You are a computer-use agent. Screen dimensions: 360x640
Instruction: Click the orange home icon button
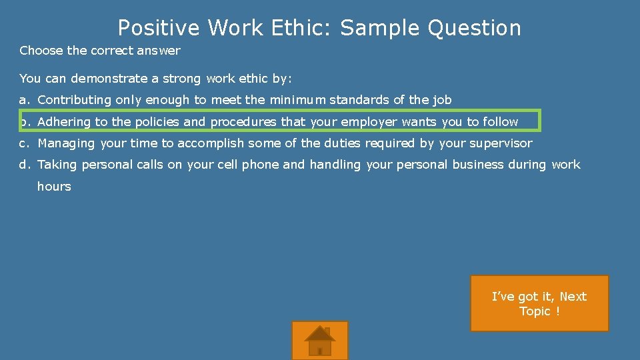pos(320,340)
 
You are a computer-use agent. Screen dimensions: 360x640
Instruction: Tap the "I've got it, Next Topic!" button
pos(539,303)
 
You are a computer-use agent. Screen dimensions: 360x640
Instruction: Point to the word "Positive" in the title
pos(159,28)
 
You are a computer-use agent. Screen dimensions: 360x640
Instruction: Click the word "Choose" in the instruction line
pos(41,51)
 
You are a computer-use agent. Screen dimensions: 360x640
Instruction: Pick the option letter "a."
pos(25,100)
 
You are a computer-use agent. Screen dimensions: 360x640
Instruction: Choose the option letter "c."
pos(25,143)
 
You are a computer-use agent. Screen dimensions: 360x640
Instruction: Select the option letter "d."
pos(25,165)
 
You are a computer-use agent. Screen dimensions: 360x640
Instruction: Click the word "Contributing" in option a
pos(75,100)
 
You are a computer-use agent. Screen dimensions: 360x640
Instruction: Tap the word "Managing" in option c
pos(67,143)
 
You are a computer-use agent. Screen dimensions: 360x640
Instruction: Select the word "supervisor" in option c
pos(501,143)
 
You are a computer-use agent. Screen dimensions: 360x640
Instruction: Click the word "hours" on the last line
pos(54,187)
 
